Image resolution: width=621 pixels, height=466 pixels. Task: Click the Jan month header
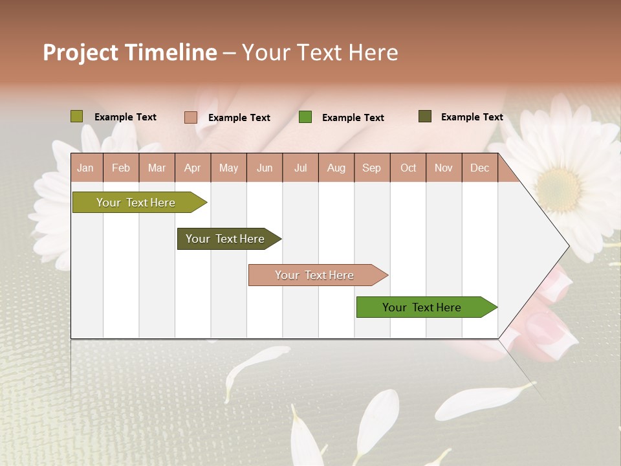tap(86, 168)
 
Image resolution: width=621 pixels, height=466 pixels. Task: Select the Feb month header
tap(121, 168)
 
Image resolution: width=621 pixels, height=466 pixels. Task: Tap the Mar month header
tap(157, 168)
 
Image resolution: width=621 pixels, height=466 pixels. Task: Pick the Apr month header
tap(193, 168)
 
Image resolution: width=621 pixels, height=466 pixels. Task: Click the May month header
tap(228, 168)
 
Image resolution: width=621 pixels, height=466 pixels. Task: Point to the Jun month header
tap(265, 168)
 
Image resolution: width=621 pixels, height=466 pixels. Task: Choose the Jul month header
tap(300, 168)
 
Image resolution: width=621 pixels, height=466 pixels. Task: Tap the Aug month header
tap(336, 168)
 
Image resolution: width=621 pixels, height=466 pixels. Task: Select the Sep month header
tap(372, 168)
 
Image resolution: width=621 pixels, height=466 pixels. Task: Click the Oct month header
tap(408, 168)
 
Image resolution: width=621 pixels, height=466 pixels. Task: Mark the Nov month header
tap(444, 168)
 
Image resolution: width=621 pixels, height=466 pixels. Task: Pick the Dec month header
tap(479, 168)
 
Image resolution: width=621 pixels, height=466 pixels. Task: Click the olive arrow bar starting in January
tap(136, 203)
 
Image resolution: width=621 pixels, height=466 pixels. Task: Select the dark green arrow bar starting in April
tap(226, 239)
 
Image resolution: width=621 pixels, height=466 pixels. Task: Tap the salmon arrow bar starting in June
tap(315, 275)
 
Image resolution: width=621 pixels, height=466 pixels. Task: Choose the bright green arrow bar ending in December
tap(422, 307)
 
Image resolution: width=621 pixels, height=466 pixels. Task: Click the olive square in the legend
tap(76, 116)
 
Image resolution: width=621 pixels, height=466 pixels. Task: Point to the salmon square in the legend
tap(190, 117)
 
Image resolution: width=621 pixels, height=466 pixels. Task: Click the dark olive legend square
tap(424, 116)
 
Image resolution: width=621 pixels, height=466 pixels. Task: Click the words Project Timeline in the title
tap(130, 52)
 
